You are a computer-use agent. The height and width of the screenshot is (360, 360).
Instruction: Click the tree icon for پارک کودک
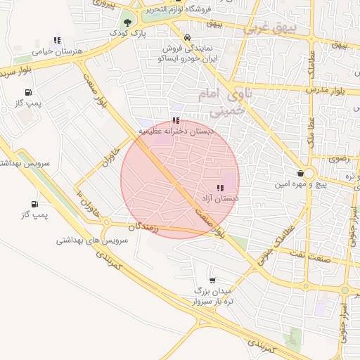tap(127, 22)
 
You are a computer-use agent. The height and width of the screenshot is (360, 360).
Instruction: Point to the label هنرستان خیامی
tap(58, 52)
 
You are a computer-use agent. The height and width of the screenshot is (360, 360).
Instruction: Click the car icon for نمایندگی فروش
tap(186, 38)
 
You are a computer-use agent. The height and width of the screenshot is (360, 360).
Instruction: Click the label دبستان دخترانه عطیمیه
tap(175, 131)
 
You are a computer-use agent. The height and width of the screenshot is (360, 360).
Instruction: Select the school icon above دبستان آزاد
tap(220, 188)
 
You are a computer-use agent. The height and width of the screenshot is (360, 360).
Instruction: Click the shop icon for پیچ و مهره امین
tap(301, 173)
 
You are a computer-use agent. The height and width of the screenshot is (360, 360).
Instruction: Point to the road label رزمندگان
tap(145, 228)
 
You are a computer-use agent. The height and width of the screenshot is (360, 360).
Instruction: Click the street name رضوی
tap(338, 159)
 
